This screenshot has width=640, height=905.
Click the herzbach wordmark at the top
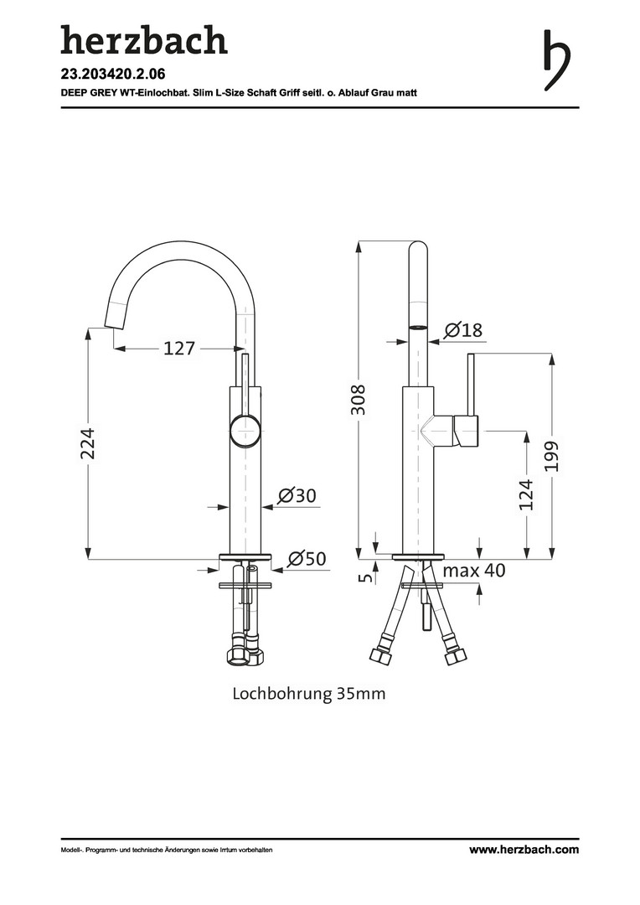144,40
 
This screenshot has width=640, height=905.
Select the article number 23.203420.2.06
113,74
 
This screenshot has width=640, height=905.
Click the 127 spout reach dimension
179,348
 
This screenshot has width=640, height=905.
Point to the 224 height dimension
87,443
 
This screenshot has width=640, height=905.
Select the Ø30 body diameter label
297,495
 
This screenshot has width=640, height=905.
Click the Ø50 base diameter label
307,558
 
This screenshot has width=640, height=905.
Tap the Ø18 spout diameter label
463,329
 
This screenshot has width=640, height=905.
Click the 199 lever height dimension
552,456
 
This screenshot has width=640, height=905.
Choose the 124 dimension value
526,494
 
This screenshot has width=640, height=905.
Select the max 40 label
474,571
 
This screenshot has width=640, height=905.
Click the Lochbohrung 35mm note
309,693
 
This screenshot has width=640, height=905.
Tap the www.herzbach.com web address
524,849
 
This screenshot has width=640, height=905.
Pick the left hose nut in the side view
379,654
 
